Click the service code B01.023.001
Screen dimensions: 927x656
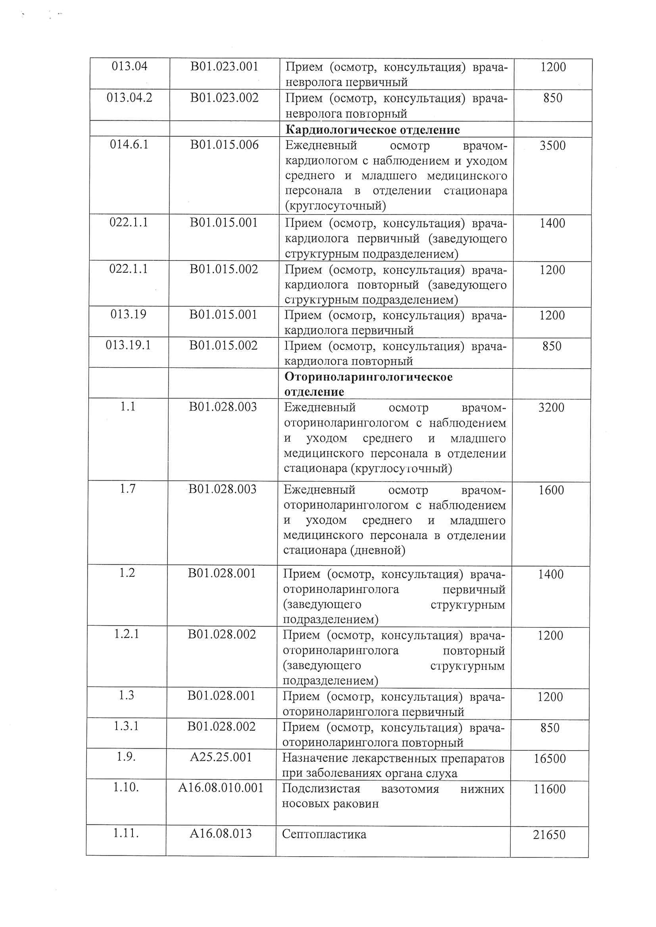[224, 67]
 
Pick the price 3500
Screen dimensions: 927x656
[553, 146]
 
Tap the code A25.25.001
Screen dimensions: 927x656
[221, 757]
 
